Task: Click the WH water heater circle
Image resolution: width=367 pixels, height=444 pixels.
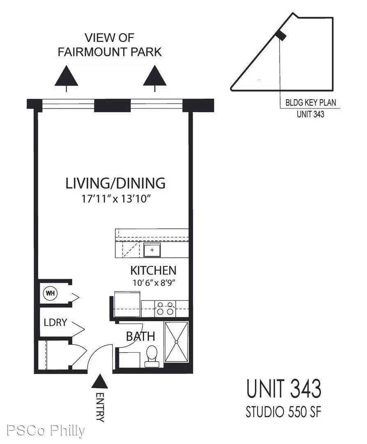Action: pyautogui.click(x=50, y=293)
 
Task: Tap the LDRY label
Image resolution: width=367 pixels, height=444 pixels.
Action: pyautogui.click(x=55, y=322)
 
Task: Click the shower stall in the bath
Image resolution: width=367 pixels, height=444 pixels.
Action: pyautogui.click(x=176, y=342)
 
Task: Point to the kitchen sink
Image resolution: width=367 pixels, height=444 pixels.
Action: pyautogui.click(x=152, y=250)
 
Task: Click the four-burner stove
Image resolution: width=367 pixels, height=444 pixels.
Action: pyautogui.click(x=165, y=308)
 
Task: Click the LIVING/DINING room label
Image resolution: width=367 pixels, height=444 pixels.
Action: pyautogui.click(x=115, y=183)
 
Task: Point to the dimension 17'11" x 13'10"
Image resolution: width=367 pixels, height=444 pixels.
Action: pyautogui.click(x=115, y=199)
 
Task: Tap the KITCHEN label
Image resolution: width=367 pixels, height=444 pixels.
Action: pyautogui.click(x=153, y=271)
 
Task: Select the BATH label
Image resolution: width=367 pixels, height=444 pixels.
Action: pyautogui.click(x=140, y=336)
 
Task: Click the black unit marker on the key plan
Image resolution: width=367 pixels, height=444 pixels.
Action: pyautogui.click(x=281, y=35)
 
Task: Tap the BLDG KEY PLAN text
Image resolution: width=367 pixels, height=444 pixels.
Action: pyautogui.click(x=311, y=102)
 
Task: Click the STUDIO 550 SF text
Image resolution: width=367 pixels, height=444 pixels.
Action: pyautogui.click(x=283, y=412)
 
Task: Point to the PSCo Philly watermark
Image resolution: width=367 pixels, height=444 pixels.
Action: pyautogui.click(x=46, y=431)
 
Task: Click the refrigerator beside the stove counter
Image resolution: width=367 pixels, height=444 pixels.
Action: pyautogui.click(x=127, y=304)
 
